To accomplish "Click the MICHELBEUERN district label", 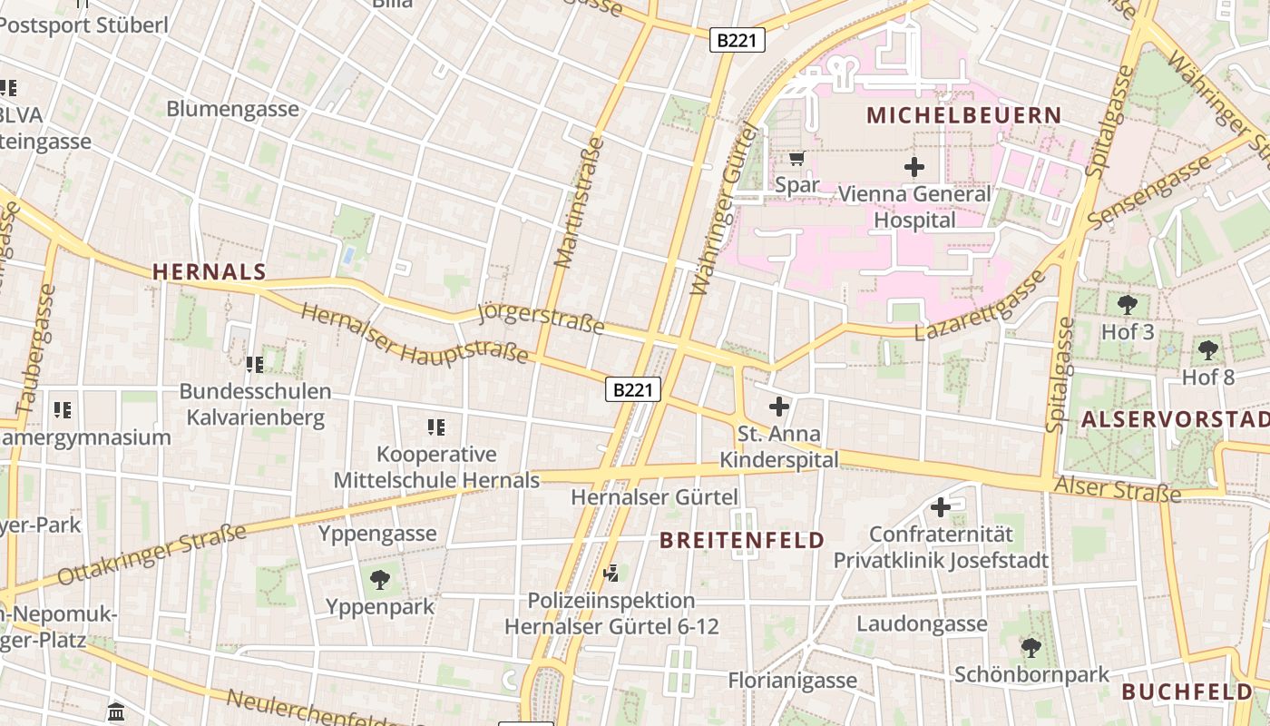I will tap(963, 115).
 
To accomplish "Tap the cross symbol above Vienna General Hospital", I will tap(914, 166).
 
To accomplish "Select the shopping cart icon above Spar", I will tap(796, 159).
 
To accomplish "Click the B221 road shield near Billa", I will tap(737, 40).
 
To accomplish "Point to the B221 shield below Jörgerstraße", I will tap(633, 390).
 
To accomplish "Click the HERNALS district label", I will tap(210, 271).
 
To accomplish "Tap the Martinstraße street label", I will tap(579, 203).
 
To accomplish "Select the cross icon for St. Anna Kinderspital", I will tap(778, 407).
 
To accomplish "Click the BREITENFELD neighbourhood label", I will tap(742, 541).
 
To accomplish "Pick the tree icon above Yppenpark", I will tap(380, 579).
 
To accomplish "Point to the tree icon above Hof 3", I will tap(1128, 305).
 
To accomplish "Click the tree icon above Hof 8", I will tap(1207, 349).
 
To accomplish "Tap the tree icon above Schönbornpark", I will tap(1031, 647).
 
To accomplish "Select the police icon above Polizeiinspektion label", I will tap(612, 573).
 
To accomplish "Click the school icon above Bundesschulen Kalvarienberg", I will tap(255, 365).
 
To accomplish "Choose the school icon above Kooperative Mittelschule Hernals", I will tap(436, 427).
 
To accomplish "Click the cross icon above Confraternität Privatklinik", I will tap(941, 507).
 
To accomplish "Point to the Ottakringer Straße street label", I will tap(151, 554).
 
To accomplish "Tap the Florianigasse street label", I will tap(792, 681).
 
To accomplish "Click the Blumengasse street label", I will tap(232, 109).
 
